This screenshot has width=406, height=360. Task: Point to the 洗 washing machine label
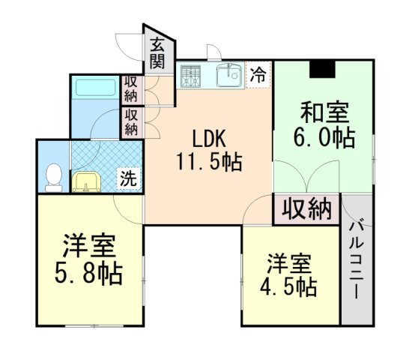click(x=130, y=179)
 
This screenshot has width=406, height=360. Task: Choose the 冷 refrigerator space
click(x=257, y=75)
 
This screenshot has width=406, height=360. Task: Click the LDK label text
click(x=208, y=139)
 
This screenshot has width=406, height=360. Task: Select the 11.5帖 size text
click(x=209, y=161)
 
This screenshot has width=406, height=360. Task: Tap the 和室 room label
click(x=324, y=114)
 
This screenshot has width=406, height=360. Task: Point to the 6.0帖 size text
click(x=324, y=138)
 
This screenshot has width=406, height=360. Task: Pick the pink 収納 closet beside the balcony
click(x=306, y=209)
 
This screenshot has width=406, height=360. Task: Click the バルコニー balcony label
click(x=357, y=259)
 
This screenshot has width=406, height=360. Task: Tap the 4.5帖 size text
click(x=290, y=286)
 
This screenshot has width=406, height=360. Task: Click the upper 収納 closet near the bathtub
click(x=131, y=88)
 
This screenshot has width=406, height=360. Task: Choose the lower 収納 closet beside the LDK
click(x=131, y=122)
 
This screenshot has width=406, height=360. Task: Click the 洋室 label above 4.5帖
click(x=290, y=263)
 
